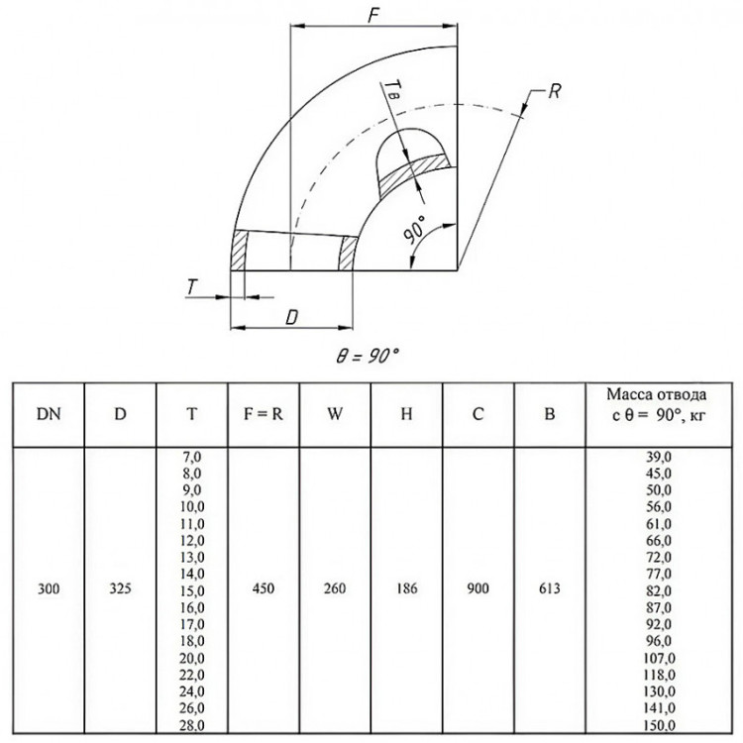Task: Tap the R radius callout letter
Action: point(554,91)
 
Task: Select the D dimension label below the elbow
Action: point(292,317)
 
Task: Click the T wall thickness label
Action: point(192,287)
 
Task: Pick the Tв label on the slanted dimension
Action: point(392,90)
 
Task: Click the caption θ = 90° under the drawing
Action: point(368,356)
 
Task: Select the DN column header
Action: point(49,414)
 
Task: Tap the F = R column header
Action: point(263,414)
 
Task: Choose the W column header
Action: point(335,414)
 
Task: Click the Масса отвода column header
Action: point(657,394)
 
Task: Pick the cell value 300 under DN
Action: point(49,588)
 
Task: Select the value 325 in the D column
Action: point(120,588)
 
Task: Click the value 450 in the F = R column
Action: point(263,588)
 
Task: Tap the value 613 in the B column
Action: point(549,588)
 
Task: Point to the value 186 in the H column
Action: point(406,588)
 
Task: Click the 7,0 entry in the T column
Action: point(192,457)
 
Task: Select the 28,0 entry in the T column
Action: point(192,725)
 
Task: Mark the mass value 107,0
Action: point(659,658)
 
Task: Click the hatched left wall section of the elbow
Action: point(240,251)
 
